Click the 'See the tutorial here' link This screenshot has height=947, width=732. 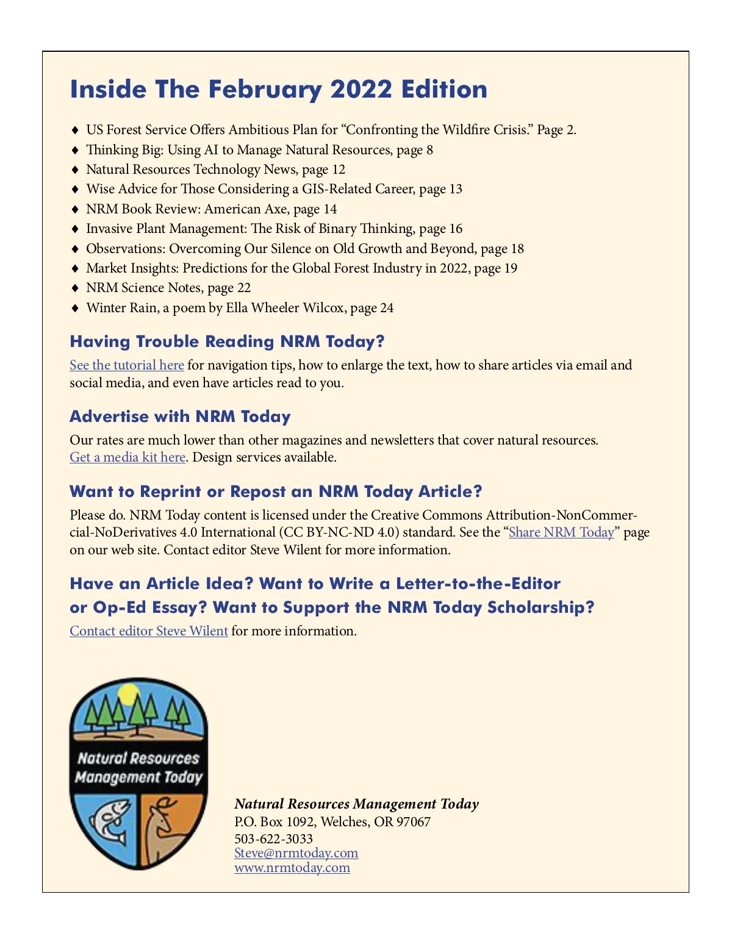(x=127, y=365)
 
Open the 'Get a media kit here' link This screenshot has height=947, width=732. (x=127, y=457)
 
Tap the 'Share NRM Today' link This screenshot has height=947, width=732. (x=561, y=532)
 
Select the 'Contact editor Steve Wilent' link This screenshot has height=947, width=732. (x=149, y=631)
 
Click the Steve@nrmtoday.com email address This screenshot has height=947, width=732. (x=296, y=853)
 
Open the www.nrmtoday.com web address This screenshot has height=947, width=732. (x=292, y=868)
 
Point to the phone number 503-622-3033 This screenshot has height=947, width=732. (x=273, y=839)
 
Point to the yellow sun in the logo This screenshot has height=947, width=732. (x=129, y=694)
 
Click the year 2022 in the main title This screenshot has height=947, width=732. (x=361, y=90)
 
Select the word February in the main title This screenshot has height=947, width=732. (x=265, y=90)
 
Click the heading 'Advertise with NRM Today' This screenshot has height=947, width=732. (x=180, y=416)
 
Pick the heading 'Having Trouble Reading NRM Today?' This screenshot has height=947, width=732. (x=227, y=341)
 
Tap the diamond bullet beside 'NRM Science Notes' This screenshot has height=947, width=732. (x=75, y=288)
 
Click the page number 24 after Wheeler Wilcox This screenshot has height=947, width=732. (x=387, y=308)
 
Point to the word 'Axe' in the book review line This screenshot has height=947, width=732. (x=276, y=209)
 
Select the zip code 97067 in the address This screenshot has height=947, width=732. (x=414, y=822)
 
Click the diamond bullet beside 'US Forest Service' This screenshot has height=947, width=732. (x=75, y=130)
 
